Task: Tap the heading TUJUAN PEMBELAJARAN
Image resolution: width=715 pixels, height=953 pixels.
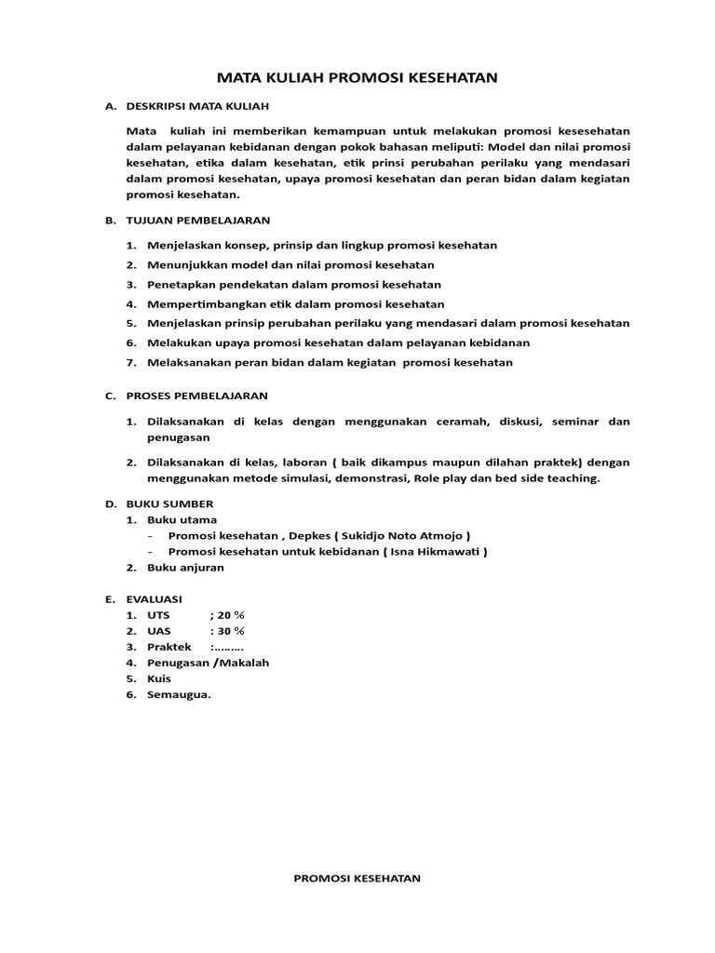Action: tap(197, 220)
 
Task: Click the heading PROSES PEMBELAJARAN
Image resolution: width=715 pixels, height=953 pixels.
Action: tap(196, 396)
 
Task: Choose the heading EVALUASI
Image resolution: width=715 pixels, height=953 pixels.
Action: tap(155, 599)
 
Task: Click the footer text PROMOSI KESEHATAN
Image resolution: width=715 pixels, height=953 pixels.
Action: tap(357, 878)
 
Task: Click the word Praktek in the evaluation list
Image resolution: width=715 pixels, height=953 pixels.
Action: tap(169, 647)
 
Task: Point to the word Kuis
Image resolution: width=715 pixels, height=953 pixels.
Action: tap(158, 678)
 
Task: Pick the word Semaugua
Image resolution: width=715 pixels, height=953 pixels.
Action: tap(179, 693)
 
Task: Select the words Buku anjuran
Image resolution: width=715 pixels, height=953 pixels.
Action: tap(185, 567)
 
